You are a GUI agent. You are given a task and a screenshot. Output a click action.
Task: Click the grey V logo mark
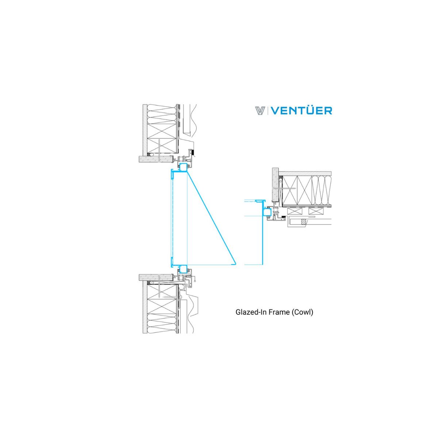click(260, 111)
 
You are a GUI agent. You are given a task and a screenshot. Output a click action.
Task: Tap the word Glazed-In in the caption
click(251, 312)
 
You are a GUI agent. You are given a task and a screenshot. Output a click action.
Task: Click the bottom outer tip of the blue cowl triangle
click(236, 264)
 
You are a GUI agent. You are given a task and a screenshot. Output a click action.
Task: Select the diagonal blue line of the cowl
click(211, 218)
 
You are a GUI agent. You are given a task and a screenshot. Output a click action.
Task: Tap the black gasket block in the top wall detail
click(193, 152)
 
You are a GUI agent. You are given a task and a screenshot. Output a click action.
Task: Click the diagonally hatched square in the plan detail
click(303, 222)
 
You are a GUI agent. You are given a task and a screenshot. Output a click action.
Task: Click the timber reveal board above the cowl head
click(156, 159)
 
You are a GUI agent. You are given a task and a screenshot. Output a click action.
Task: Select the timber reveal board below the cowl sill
click(156, 277)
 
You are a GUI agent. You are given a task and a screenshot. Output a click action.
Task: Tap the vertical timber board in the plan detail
click(276, 185)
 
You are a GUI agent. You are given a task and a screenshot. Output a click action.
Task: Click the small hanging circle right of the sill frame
click(195, 281)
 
